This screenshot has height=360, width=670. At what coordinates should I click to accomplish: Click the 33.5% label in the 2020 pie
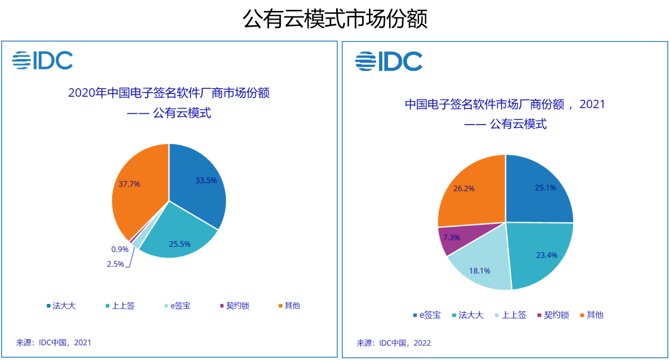pos(206,181)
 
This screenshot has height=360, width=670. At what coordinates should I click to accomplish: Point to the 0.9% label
pos(120,249)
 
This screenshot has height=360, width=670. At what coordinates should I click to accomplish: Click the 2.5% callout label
pos(115,264)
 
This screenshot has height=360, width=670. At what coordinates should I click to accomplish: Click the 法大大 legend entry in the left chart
pos(61,306)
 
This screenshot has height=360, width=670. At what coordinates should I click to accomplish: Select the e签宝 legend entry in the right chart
pos(427,315)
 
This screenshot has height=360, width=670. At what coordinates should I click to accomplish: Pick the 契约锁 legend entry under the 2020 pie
pos(234,306)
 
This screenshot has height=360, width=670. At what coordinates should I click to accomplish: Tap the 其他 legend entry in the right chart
pos(592,315)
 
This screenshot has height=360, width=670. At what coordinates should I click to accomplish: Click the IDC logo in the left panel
pos(43,60)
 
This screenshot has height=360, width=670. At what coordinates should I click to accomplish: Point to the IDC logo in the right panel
pos(389,61)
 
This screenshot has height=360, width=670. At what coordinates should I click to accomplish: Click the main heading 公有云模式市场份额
pos(336,19)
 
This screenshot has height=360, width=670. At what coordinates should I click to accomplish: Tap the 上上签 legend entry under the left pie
pos(120,306)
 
